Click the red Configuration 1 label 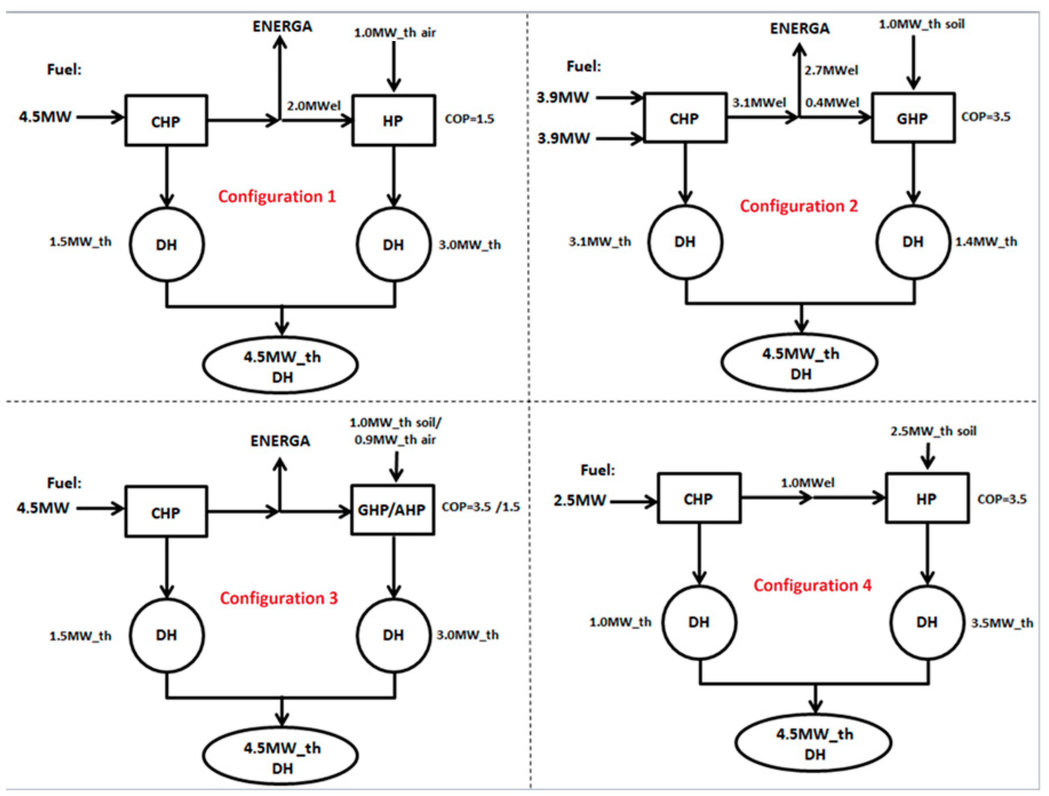[x=277, y=197]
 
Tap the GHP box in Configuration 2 [x=913, y=118]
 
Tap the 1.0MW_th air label [x=395, y=33]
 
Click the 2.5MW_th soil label [x=933, y=431]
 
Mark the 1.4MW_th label [x=986, y=242]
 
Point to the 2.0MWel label [x=313, y=106]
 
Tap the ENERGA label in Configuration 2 [x=800, y=28]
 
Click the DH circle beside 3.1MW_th [x=685, y=242]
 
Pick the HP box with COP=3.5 [x=927, y=498]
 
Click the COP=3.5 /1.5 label [x=480, y=507]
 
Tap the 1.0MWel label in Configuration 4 [x=808, y=483]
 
